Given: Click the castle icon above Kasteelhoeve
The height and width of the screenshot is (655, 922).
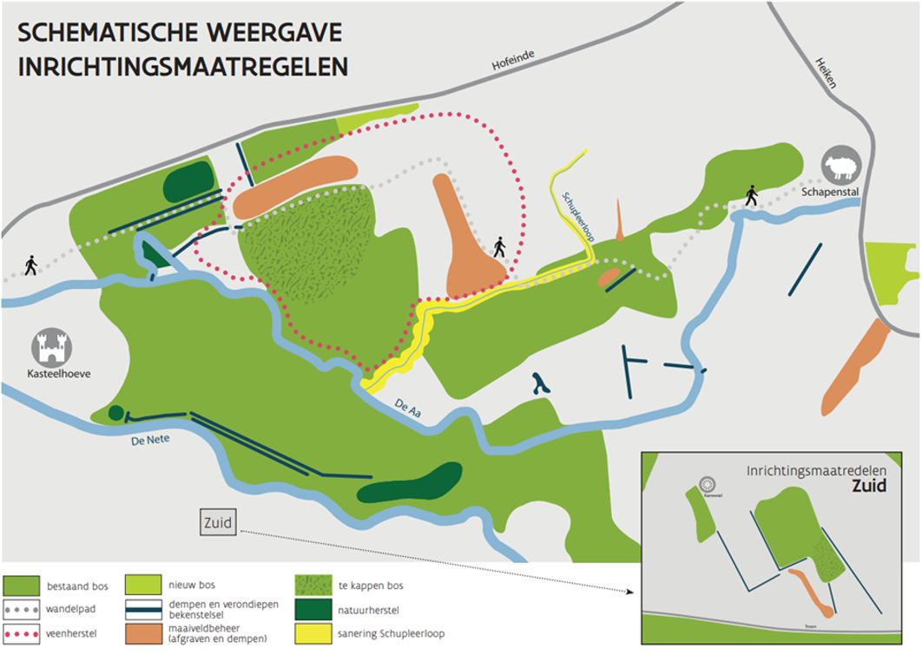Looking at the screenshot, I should pos(52,347).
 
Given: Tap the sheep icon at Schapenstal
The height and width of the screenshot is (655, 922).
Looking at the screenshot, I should pos(840,166).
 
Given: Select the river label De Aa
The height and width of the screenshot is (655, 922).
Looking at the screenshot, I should pos(407,403).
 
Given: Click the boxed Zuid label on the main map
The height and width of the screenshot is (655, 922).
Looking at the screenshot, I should pos(218,522).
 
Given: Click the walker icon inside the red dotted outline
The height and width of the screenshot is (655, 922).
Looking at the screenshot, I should pos(499,247).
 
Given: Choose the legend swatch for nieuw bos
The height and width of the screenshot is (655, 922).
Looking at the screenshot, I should pos(143,583).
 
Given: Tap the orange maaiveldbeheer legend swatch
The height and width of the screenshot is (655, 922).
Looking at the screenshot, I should pos(143,632).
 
